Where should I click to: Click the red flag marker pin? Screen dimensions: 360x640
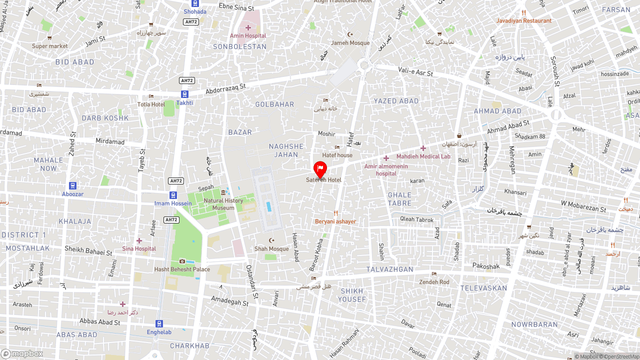coord(320,169)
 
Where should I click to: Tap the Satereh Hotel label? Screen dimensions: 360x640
coord(323,180)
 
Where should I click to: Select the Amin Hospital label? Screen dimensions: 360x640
coord(248,35)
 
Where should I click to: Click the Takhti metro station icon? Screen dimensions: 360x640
coord(184,94)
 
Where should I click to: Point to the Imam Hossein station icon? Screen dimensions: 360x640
coord(173,195)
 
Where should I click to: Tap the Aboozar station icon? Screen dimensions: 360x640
coord(73,185)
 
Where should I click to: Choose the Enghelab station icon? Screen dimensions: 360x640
coord(159,323)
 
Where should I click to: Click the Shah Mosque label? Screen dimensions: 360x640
coord(271,248)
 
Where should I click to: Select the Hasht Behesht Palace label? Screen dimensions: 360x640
coord(182,269)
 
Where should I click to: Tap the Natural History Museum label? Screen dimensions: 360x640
coord(223,204)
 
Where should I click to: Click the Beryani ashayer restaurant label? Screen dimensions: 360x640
coord(335,221)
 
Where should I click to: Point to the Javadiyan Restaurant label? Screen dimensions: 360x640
coord(523,20)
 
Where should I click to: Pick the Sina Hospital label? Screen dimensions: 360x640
coord(139,248)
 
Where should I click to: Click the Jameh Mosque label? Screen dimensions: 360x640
coord(350,42)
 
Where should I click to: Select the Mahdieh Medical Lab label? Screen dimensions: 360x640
coord(423,156)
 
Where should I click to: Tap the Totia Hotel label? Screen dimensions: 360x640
coord(151,104)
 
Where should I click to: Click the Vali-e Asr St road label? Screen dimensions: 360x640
coord(415,72)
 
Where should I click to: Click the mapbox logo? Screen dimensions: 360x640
coord(22,353)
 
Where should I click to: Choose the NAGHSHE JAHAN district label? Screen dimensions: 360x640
coord(286,150)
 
